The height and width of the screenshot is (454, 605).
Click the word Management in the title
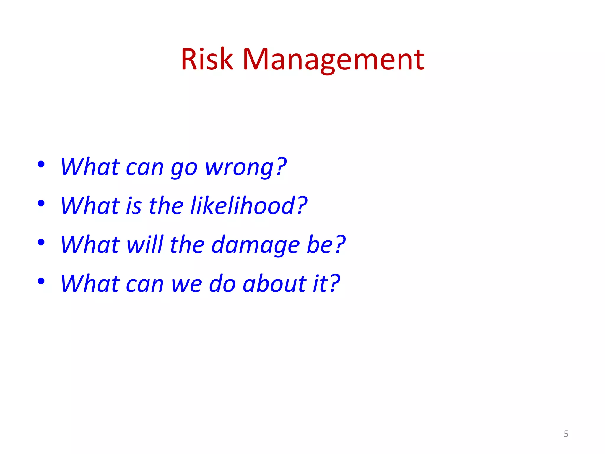point(333,60)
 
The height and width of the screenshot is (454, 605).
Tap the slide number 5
point(566,434)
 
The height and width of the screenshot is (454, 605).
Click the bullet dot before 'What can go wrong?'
point(41,164)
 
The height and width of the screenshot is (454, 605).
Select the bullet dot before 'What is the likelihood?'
point(41,203)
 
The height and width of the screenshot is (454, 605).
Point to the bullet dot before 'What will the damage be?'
point(41,242)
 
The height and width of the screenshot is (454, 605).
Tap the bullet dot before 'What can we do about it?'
point(41,281)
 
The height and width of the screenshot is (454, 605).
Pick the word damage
point(256,245)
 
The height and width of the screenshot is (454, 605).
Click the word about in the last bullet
point(274,284)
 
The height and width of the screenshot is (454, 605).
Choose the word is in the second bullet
point(134,206)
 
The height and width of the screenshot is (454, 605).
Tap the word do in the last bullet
point(222,284)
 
